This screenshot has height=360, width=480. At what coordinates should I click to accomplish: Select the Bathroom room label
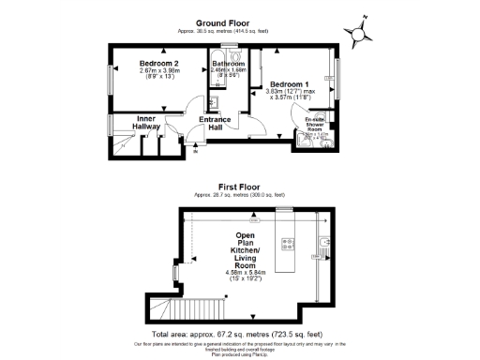pos(228,63)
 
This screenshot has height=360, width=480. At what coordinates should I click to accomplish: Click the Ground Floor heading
pos(222,22)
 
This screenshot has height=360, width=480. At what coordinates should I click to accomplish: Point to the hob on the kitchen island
pos(289,246)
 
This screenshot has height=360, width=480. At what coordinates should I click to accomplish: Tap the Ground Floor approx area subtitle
pos(222,30)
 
